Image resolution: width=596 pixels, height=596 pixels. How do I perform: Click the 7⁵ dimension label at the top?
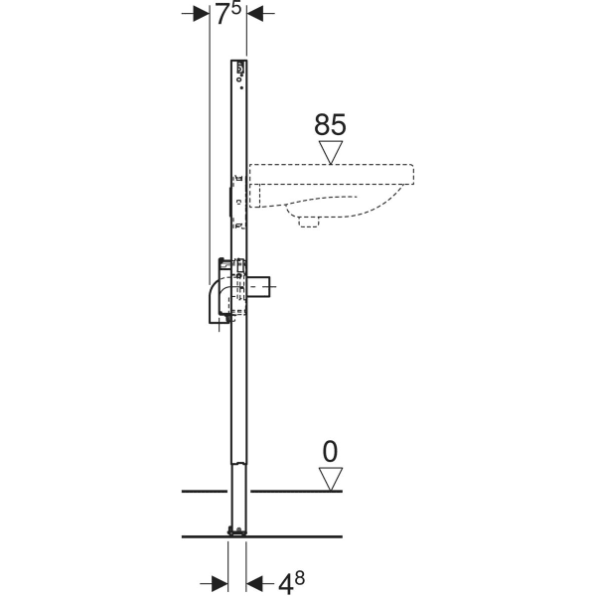(226, 14)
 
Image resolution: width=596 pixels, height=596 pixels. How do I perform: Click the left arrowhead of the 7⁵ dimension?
(199, 14)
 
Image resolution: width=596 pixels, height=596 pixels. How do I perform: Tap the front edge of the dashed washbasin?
(412, 179)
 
